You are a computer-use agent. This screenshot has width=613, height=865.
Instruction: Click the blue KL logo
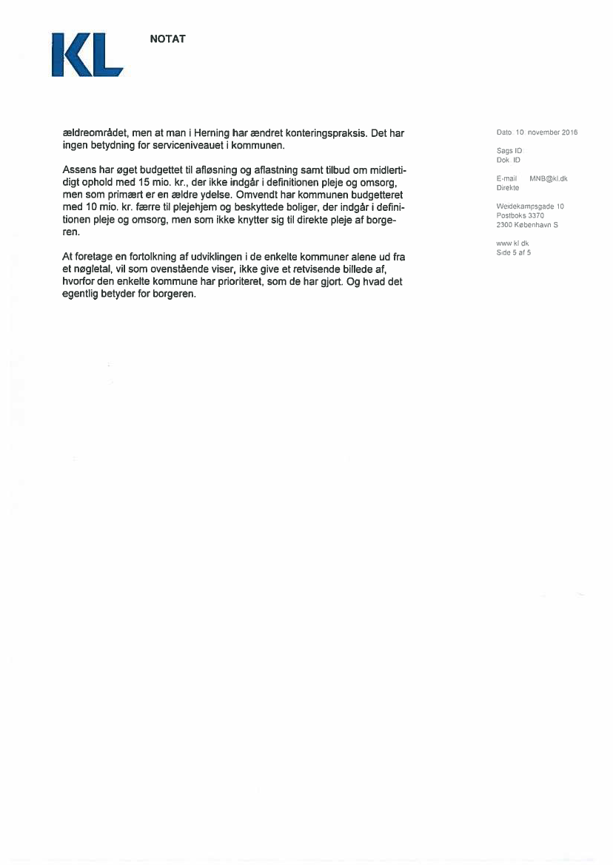click(x=87, y=54)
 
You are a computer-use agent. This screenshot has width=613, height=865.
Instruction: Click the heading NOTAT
click(x=167, y=39)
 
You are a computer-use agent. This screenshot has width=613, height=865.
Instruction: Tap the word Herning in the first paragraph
click(x=211, y=133)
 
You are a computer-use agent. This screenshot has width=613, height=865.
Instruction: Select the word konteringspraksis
click(x=323, y=133)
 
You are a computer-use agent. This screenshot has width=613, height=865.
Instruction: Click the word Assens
click(x=80, y=170)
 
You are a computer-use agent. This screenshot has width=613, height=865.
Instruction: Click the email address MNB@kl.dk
click(x=548, y=179)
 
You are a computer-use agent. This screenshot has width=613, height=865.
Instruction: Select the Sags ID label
click(x=509, y=151)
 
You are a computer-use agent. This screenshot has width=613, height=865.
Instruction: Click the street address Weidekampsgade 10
click(x=530, y=206)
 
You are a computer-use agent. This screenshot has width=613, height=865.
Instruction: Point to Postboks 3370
click(x=520, y=215)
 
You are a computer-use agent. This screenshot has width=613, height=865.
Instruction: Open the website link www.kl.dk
click(x=512, y=243)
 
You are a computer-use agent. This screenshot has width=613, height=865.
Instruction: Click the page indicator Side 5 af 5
click(x=514, y=252)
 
